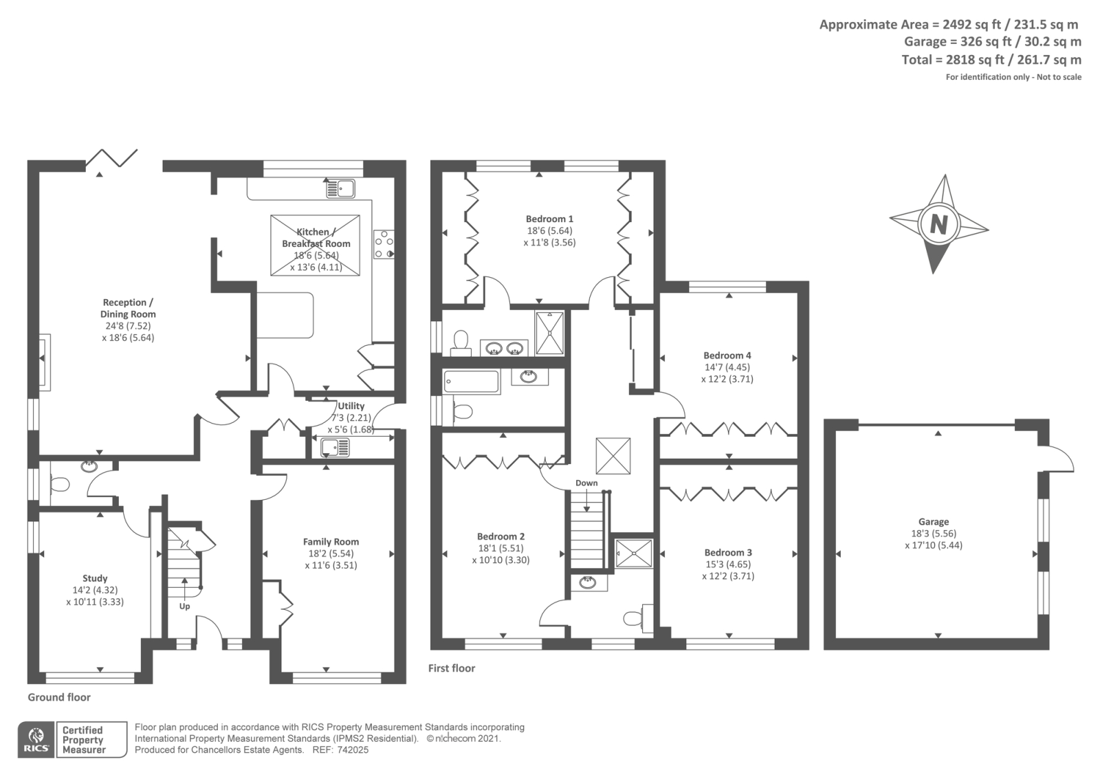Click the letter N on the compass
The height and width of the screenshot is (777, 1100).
pos(938,226)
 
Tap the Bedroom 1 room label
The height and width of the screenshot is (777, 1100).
pos(549,219)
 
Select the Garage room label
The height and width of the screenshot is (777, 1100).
pos(934,522)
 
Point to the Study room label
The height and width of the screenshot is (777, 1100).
pos(95,578)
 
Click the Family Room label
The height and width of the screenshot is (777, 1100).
pos(331,542)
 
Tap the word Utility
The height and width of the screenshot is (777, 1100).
pos(351,406)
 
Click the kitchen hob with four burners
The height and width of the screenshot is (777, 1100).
pos(384,245)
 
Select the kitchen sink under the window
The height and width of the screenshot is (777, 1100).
pos(340,188)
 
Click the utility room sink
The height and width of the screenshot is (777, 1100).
pos(335,448)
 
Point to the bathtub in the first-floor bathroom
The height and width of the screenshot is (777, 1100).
pos(471,382)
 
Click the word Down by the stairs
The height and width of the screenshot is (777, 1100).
pos(586,483)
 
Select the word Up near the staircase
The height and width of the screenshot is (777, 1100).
pos(184,606)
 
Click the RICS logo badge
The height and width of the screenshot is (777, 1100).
pos(36,739)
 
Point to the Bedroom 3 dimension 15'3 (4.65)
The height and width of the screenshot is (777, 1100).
pos(727,565)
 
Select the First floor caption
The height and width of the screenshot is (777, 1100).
pos(451,668)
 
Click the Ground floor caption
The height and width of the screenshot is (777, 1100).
pos(59,697)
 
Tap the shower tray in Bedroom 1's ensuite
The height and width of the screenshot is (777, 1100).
pos(549,333)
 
